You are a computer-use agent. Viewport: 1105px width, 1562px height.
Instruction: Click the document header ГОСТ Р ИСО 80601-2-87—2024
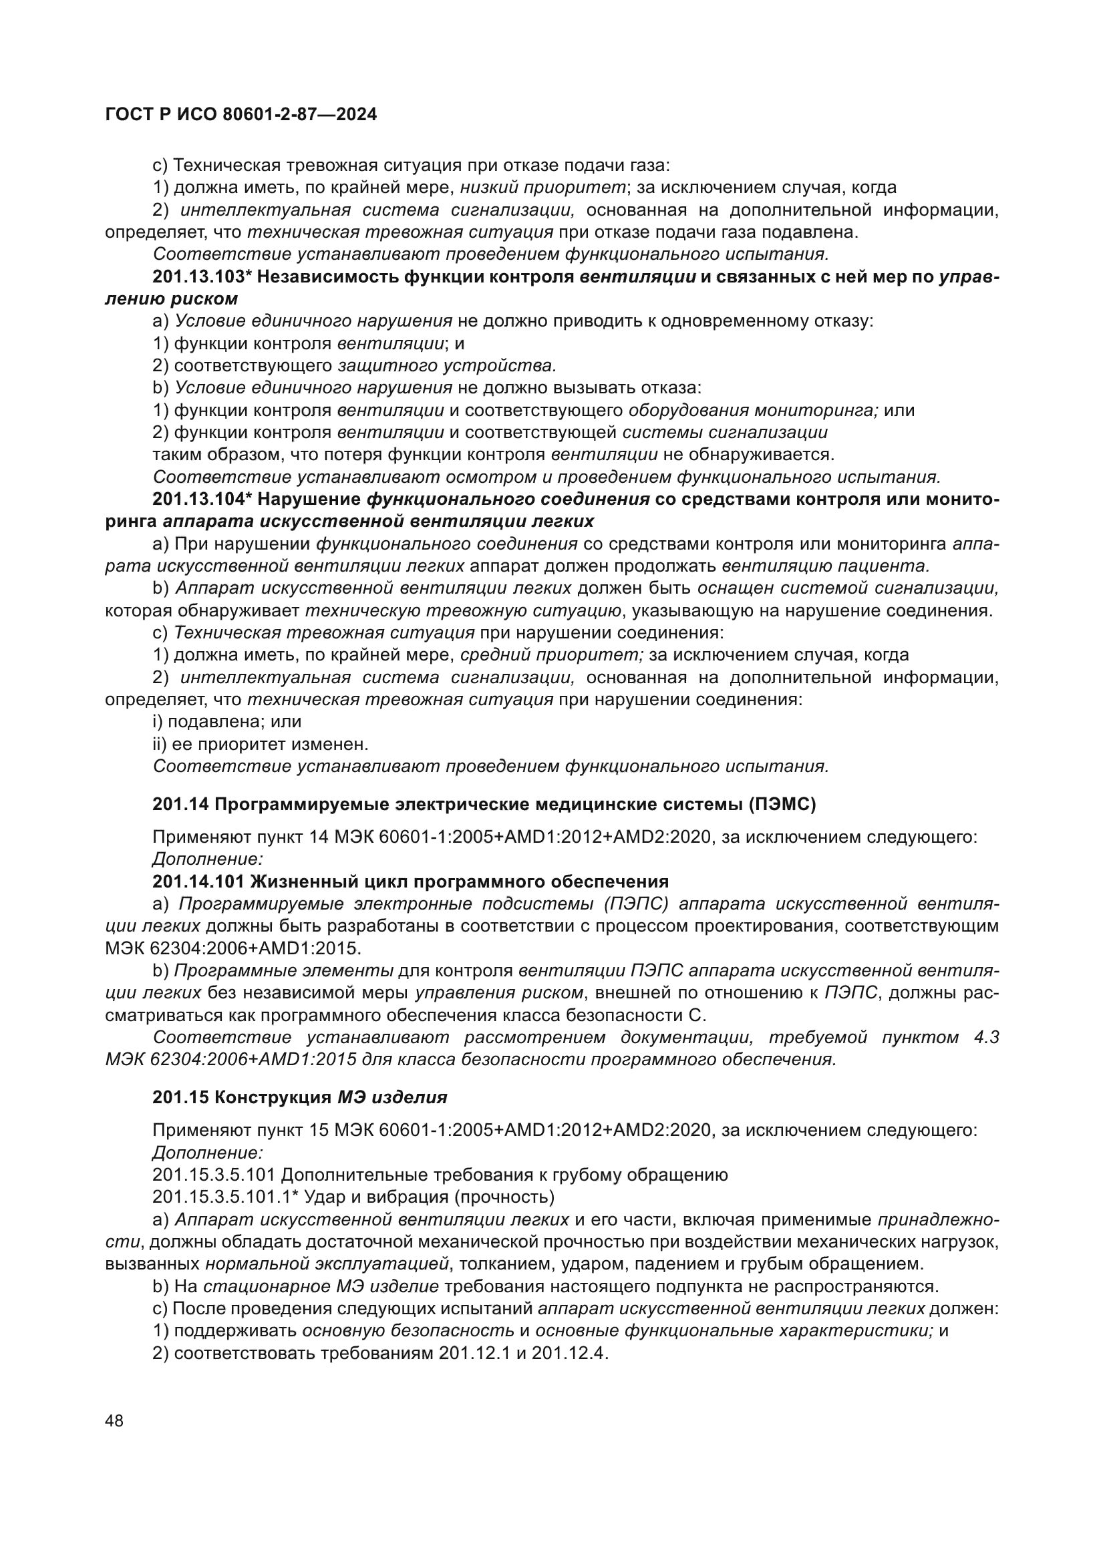241,114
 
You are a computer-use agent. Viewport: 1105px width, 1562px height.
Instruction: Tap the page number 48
114,1420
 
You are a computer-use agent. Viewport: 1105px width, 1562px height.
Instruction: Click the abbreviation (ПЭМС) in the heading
782,804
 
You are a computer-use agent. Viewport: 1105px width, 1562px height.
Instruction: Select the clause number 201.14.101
198,882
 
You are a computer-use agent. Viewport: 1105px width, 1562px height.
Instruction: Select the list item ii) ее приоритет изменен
261,743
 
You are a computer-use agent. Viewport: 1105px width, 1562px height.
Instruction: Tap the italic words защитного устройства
447,366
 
